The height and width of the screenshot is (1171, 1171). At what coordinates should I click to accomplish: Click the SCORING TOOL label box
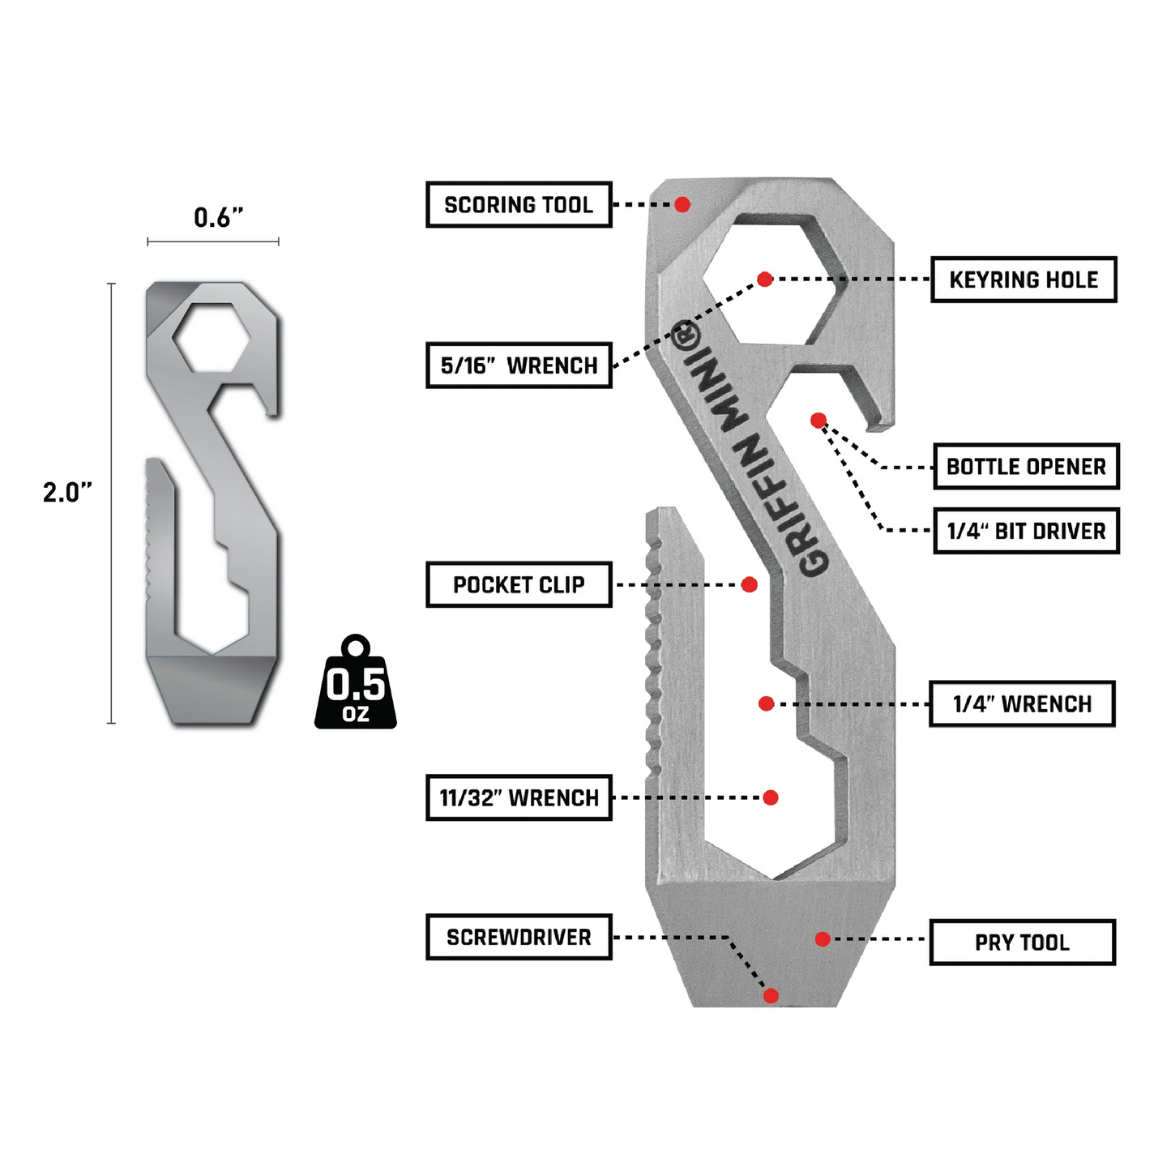click(x=519, y=205)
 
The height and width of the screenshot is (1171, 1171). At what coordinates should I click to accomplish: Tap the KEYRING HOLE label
click(x=1024, y=280)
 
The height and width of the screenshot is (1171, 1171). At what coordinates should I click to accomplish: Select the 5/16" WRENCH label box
click(x=519, y=365)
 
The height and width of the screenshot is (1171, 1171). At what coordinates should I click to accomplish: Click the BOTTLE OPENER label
click(x=1026, y=467)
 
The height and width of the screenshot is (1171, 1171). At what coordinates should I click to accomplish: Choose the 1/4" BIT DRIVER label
click(x=1026, y=532)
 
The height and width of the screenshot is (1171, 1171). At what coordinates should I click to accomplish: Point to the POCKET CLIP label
click(x=519, y=584)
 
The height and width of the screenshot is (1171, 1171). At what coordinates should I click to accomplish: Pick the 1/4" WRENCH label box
click(x=1022, y=704)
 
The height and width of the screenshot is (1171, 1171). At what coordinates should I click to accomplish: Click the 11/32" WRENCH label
click(x=519, y=798)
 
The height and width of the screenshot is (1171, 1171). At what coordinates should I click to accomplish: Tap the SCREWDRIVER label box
click(x=519, y=938)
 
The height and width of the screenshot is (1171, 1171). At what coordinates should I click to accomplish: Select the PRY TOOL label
click(x=1022, y=942)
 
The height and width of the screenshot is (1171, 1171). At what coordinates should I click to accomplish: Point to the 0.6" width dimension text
click(x=218, y=217)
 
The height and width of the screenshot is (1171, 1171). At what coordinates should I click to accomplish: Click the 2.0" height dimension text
click(x=67, y=492)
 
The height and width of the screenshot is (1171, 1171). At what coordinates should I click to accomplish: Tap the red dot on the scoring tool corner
click(x=682, y=204)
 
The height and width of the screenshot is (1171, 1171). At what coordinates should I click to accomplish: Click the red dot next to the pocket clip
click(x=750, y=584)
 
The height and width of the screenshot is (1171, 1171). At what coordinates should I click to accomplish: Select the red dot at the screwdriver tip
click(x=771, y=996)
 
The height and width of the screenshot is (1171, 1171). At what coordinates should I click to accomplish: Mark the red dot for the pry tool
click(x=823, y=939)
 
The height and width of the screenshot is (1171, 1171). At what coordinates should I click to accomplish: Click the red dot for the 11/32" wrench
click(x=771, y=797)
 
